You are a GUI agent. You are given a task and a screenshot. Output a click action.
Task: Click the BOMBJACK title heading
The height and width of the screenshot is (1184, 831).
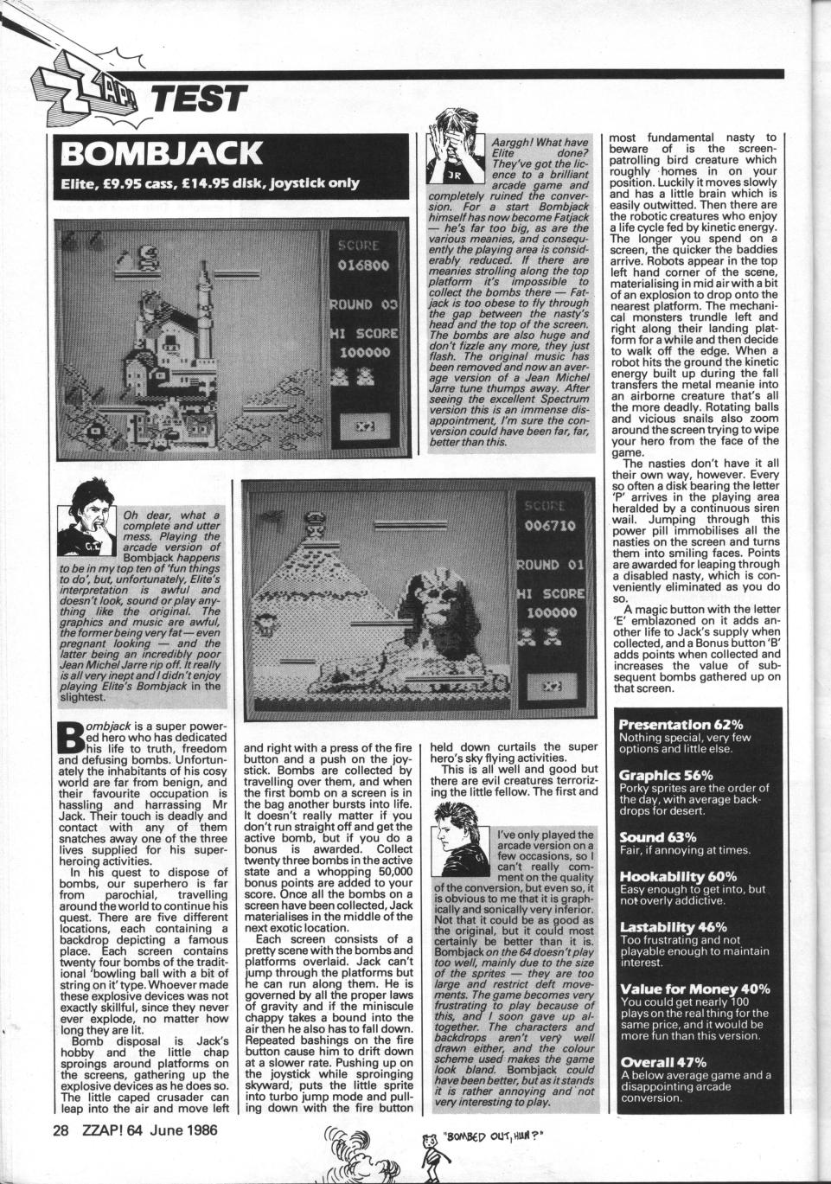pyautogui.click(x=161, y=153)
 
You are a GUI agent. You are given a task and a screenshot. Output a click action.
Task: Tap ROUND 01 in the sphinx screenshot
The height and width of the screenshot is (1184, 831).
pyautogui.click(x=550, y=565)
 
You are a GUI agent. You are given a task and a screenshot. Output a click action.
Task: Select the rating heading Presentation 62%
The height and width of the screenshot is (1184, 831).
pyautogui.click(x=681, y=724)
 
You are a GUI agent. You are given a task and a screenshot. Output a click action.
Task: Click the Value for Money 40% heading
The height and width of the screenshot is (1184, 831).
pyautogui.click(x=695, y=988)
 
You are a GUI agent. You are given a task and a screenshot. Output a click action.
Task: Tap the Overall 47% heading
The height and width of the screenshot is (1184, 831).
pyautogui.click(x=664, y=1061)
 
